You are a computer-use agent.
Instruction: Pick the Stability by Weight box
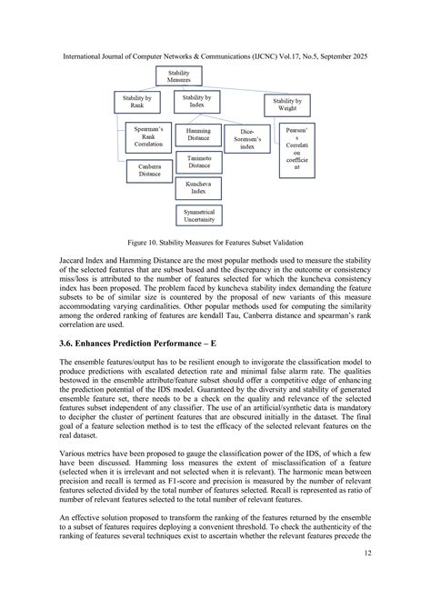(x=286, y=105)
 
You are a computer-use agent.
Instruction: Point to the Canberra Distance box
(x=148, y=171)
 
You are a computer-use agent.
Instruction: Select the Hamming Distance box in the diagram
(x=198, y=135)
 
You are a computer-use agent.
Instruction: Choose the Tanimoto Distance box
(x=198, y=162)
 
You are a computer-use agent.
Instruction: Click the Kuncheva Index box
(x=198, y=188)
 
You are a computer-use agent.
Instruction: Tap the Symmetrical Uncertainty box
(x=198, y=215)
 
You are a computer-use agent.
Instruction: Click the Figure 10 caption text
(x=215, y=244)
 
